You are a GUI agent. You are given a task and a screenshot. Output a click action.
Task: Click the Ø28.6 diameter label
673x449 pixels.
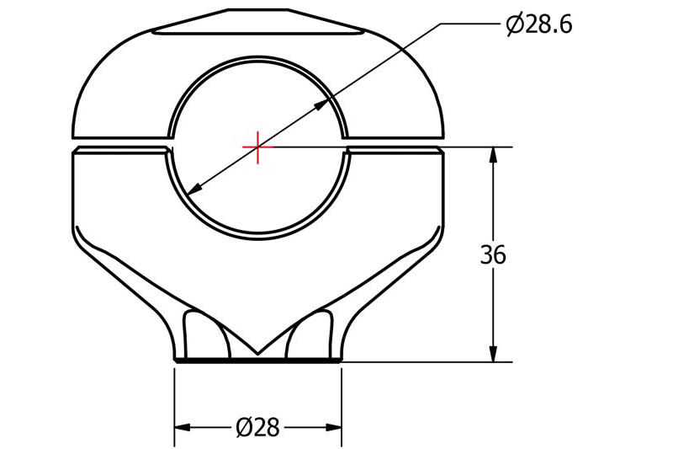point(538,25)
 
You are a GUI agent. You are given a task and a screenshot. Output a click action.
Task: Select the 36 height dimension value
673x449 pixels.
point(493,254)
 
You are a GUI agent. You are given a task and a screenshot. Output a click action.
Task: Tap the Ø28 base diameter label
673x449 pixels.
point(257,428)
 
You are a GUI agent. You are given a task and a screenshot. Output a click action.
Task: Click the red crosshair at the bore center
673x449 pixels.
point(257,147)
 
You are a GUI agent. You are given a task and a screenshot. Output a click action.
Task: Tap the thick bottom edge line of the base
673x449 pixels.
point(257,361)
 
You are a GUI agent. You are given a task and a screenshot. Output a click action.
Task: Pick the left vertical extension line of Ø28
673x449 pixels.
point(174,404)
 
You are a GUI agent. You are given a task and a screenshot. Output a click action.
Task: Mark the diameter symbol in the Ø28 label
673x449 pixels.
point(243,428)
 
